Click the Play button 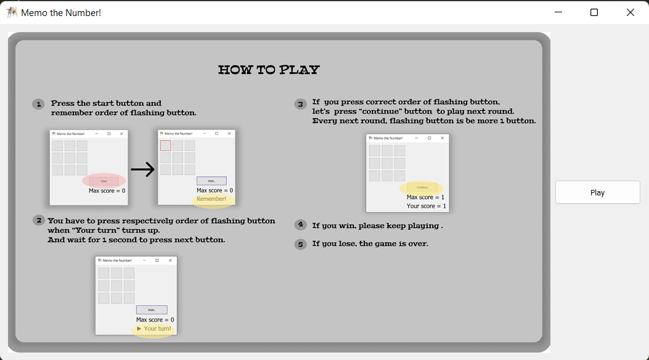click(597, 192)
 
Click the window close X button click(630, 12)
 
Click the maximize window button click(594, 12)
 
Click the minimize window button click(558, 12)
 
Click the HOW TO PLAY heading click(269, 70)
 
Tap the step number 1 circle click(39, 104)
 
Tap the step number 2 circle click(39, 221)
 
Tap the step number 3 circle click(301, 104)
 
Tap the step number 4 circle click(301, 225)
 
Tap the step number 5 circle click(301, 244)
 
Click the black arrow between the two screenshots click(142, 170)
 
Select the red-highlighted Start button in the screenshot click(104, 181)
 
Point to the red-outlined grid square click(166, 145)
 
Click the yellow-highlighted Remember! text click(211, 199)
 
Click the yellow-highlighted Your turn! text click(154, 329)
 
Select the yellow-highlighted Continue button click(422, 187)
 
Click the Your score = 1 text click(426, 206)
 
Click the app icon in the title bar click(12, 12)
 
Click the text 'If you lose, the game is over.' click(370, 243)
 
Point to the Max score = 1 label click(425, 197)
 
